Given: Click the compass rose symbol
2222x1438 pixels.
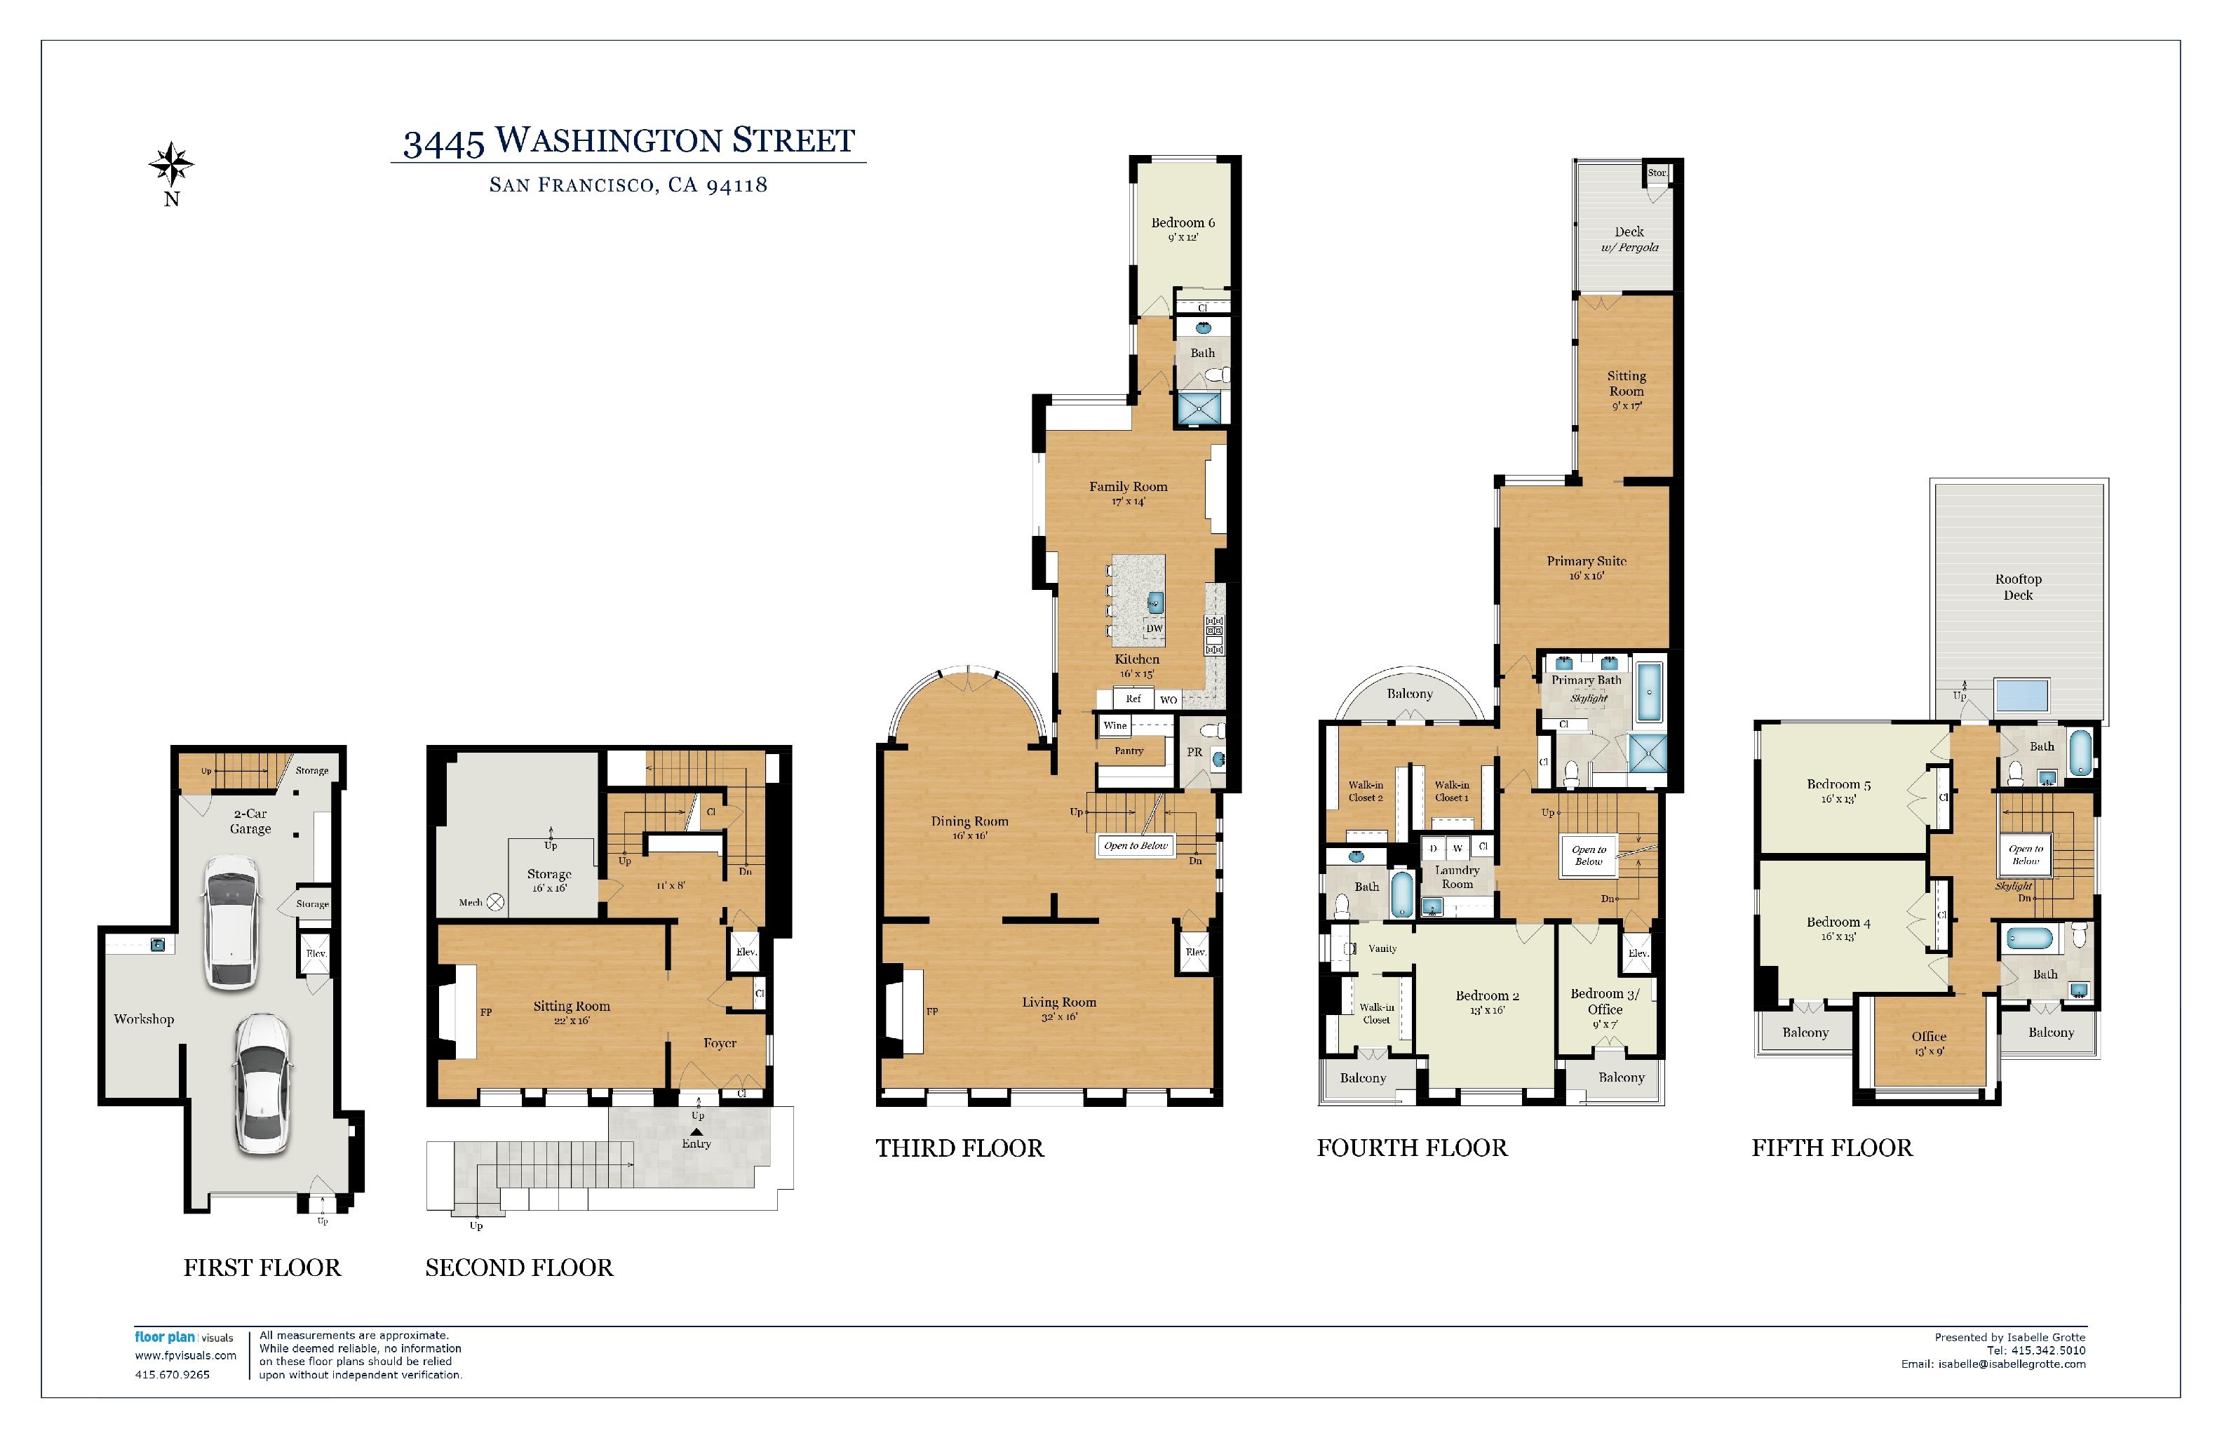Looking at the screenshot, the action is point(172,166).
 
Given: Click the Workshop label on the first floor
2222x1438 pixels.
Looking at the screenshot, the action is point(144,1019).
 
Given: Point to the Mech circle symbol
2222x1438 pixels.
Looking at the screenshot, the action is point(496,901).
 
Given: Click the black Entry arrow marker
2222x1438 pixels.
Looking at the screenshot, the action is point(696,1131).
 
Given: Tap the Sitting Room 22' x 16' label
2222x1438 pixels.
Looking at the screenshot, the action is point(572,1012).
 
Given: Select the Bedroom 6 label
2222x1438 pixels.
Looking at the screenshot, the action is point(1183,222).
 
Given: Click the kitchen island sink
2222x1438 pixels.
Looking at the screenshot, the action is point(1155,601).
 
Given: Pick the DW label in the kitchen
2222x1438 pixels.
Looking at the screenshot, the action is point(1155,629).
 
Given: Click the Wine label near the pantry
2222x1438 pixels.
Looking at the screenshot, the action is point(1115,725).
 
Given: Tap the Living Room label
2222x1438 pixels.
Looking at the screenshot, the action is point(1058,1002).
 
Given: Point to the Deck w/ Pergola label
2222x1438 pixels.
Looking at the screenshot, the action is point(1630,239).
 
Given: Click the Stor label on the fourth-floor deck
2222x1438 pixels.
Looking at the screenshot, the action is point(1656,173).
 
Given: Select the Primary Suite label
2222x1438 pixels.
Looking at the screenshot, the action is point(1587,561).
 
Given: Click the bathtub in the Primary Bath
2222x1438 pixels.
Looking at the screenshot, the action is point(1650,692).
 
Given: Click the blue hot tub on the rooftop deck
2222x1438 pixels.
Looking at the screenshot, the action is point(2021,696).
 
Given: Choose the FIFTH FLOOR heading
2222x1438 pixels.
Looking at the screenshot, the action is point(1832,1148).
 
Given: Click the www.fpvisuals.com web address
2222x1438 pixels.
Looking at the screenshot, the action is point(186,1355).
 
